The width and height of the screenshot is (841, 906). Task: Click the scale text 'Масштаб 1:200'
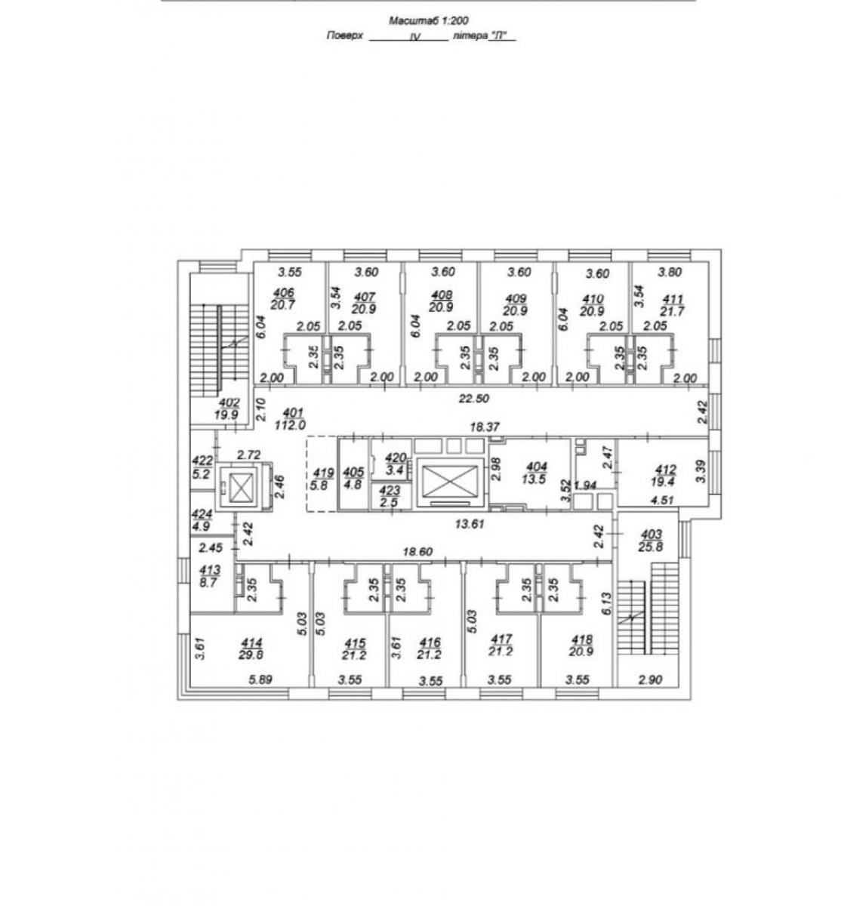coord(429,21)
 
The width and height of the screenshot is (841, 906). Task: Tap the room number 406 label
coord(283,292)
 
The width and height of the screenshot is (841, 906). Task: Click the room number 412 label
coord(665,470)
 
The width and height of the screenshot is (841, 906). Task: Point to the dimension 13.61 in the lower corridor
coord(470,524)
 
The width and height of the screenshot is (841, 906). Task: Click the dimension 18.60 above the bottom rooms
coord(418,552)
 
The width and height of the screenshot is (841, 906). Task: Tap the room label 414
coord(251,643)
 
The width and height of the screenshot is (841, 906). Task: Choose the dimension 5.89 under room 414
coord(260,679)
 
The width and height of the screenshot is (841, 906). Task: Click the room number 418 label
coord(581,639)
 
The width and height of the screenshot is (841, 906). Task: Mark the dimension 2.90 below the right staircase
coord(650,679)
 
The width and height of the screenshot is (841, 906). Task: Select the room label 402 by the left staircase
coord(229,403)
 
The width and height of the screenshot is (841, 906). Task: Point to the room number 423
coord(390,491)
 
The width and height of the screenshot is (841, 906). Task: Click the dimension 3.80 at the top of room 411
coord(670,272)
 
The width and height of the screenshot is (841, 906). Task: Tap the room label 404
coord(537,467)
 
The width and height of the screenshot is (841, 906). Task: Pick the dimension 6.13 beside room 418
coord(606,603)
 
